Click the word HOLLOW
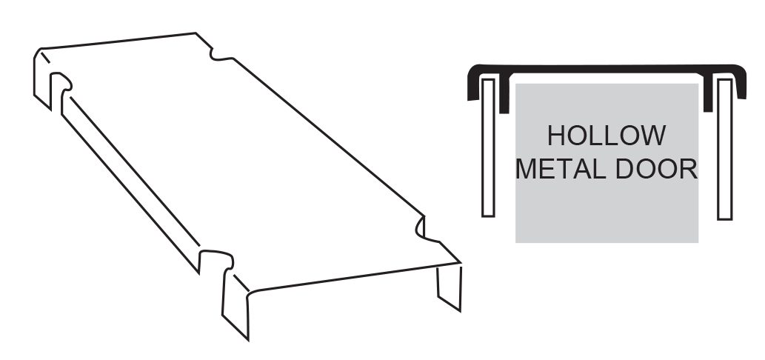tap(607, 136)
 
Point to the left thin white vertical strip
tap(488, 147)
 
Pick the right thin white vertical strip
tap(724, 150)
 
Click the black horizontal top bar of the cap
tap(607, 69)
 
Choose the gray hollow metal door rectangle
tap(607, 163)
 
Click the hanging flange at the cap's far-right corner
tap(450, 287)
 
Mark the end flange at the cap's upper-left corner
tap(42, 78)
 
